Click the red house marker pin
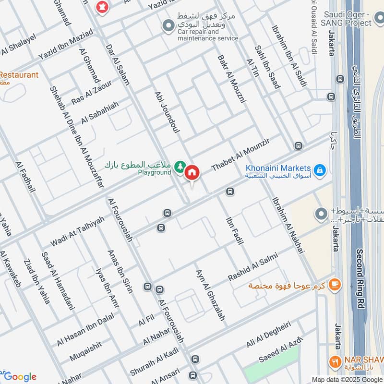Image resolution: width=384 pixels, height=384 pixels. click(192, 172)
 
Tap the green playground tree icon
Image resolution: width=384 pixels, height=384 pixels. click(180, 167)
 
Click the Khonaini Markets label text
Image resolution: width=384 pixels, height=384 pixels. click(278, 168)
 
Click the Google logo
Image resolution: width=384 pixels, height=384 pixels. click(20, 376)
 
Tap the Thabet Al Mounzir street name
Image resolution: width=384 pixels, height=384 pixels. click(241, 153)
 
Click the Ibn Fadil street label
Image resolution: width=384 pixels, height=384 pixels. click(234, 231)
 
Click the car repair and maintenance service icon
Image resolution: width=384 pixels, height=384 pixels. click(168, 25)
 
